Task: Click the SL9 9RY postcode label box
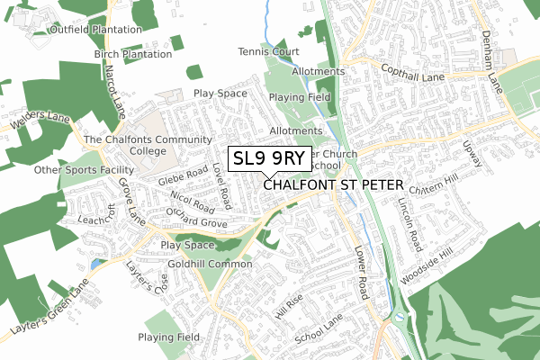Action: pos(270,158)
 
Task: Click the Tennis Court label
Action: pos(267,51)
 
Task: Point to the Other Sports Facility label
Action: pos(83,170)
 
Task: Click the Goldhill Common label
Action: pos(209,264)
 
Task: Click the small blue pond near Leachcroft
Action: pos(96,265)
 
